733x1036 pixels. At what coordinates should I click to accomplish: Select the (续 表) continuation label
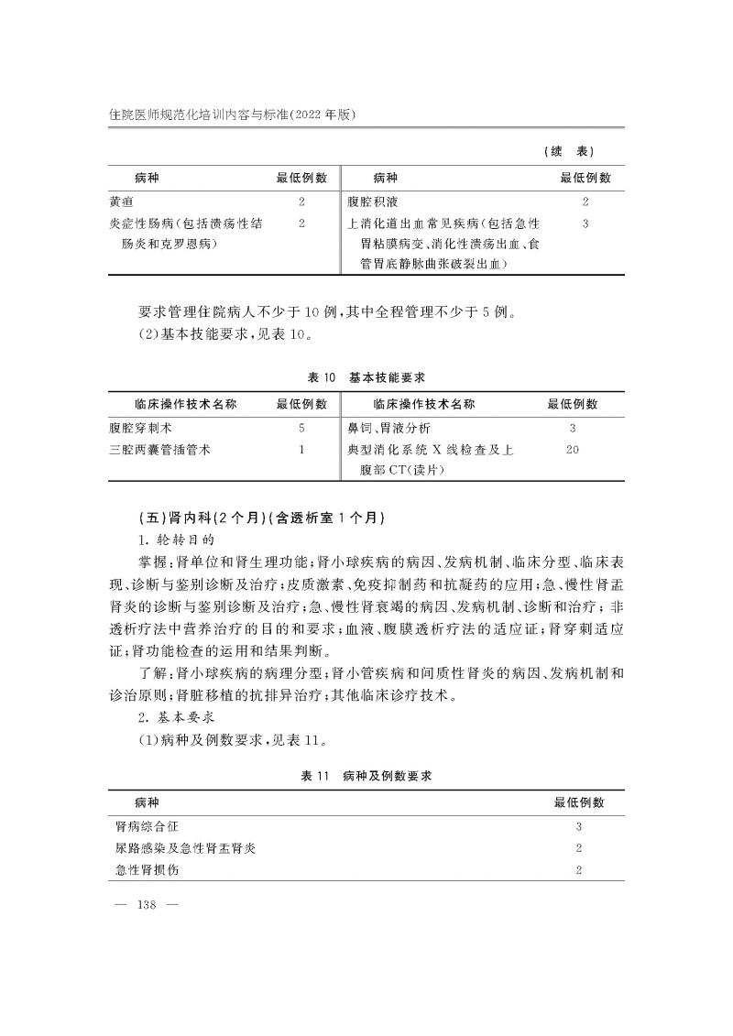click(569, 151)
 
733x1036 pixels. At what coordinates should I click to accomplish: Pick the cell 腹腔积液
click(372, 201)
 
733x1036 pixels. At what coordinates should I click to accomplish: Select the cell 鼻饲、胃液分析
click(388, 427)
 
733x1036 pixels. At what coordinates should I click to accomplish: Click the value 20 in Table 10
click(573, 449)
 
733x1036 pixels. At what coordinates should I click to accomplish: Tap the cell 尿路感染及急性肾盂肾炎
click(179, 847)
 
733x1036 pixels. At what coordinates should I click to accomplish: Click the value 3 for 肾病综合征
click(579, 825)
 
